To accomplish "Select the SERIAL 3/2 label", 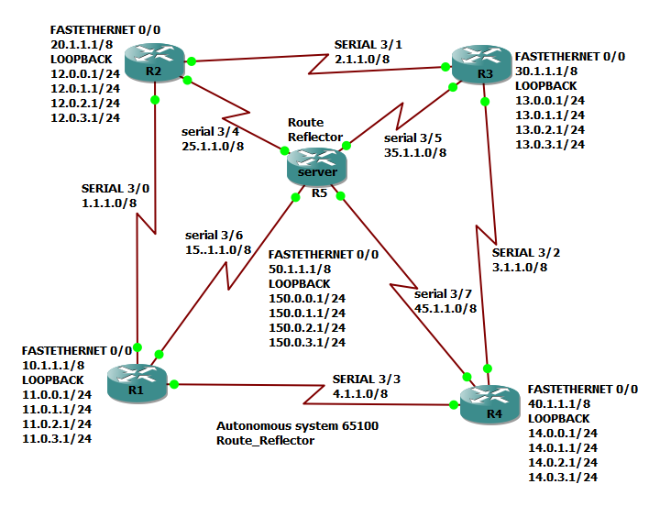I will [x=520, y=252].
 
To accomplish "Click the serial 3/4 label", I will [x=212, y=131].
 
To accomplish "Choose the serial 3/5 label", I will [x=412, y=138].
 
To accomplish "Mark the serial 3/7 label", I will [x=445, y=294].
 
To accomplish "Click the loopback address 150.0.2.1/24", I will [x=307, y=327].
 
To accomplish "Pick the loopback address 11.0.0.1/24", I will [x=57, y=394].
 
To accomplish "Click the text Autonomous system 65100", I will [x=297, y=426].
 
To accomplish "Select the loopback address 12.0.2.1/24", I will [x=83, y=103].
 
